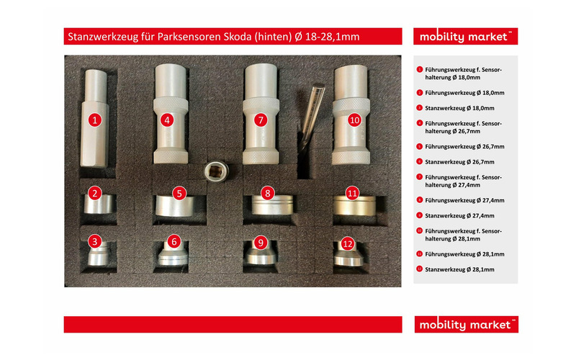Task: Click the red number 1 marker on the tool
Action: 95,120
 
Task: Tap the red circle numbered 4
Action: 167,120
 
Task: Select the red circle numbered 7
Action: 261,120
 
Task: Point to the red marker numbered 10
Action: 354,120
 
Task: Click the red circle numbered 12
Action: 348,244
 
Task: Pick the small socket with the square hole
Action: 217,171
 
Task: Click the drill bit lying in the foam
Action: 311,117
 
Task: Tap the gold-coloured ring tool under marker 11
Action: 355,206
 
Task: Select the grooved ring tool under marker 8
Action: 272,205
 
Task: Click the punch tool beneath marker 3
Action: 98,253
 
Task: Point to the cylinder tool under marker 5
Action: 175,206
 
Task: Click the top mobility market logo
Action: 465,37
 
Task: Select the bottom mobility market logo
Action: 466,325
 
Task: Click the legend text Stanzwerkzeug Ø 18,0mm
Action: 459,108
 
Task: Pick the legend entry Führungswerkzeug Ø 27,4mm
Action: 464,200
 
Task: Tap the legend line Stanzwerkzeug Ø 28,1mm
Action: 459,269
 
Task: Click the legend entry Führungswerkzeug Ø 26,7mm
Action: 464,146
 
